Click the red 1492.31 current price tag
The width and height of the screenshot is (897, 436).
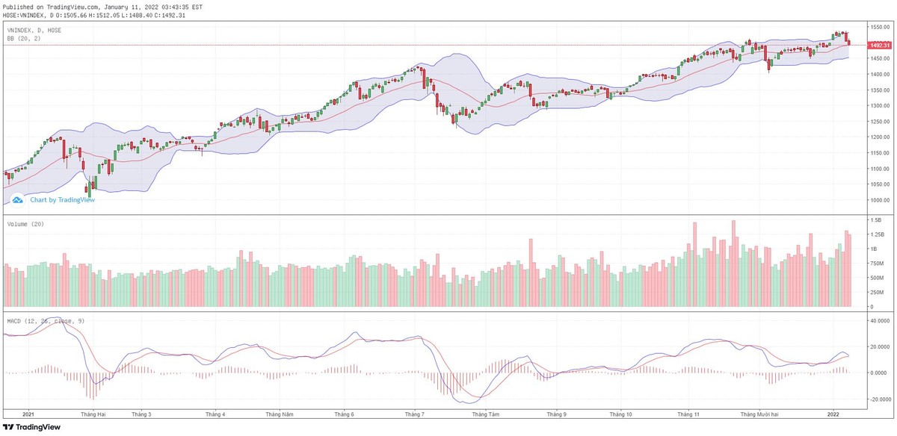(x=878, y=46)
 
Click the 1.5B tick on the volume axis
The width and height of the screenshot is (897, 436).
(x=872, y=220)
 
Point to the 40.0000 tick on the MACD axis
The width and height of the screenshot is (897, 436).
(x=878, y=320)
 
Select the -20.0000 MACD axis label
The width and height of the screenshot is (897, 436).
(x=878, y=399)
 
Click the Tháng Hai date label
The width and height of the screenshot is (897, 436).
(x=93, y=413)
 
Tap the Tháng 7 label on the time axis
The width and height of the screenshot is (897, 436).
(x=414, y=413)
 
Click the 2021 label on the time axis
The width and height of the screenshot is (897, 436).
(x=29, y=413)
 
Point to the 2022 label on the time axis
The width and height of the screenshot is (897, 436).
(x=834, y=413)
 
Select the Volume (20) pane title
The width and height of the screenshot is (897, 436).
(x=26, y=224)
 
